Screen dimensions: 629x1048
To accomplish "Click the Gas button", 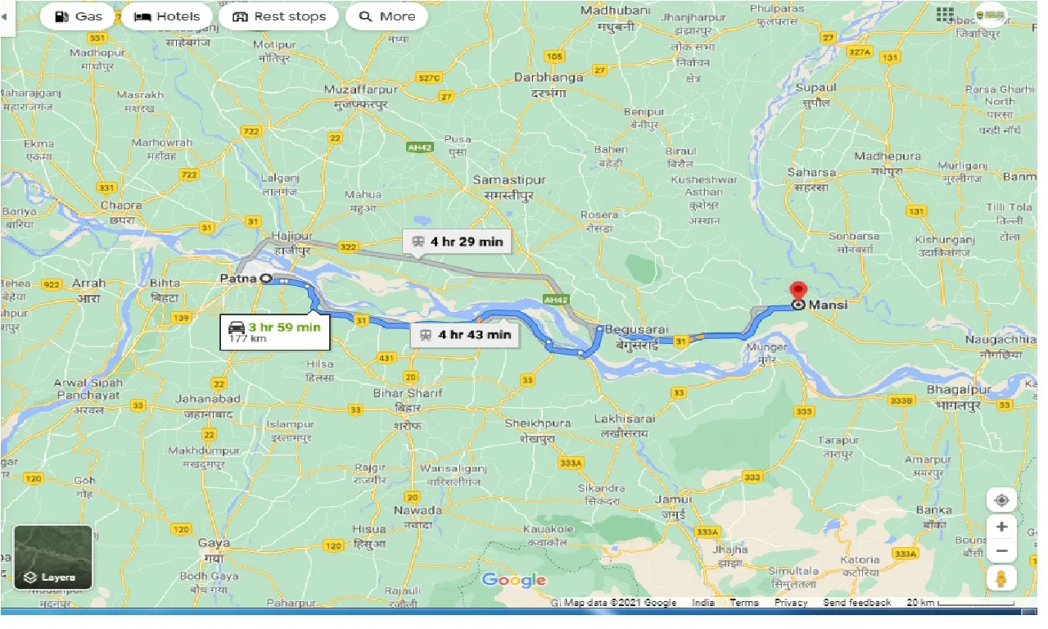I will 79,16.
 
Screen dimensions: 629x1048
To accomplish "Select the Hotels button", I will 167,16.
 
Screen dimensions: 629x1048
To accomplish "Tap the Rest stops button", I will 279,16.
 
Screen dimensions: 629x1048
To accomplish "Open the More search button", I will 387,16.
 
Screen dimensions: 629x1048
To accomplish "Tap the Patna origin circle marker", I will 265,279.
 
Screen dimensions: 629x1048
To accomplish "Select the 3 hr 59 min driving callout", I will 274,331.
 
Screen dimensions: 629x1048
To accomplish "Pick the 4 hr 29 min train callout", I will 459,242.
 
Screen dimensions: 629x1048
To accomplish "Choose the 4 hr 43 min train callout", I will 465,334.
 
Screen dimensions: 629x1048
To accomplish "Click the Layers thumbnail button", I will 53,557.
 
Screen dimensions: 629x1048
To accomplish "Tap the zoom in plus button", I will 1001,527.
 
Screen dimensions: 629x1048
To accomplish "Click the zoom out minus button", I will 1001,552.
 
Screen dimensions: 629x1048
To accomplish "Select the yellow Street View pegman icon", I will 1001,578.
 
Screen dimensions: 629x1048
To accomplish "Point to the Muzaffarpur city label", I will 360,88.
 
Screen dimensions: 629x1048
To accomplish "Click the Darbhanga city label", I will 549,77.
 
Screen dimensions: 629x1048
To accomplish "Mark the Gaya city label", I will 213,542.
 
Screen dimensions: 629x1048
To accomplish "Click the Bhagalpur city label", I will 960,390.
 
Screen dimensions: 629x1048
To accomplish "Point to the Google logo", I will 513,581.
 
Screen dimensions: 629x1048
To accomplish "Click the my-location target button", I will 1001,500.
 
